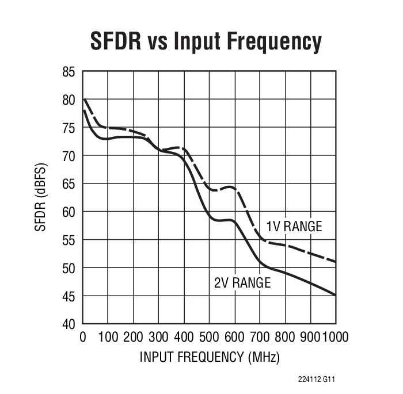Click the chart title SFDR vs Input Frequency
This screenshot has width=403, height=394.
tap(205, 41)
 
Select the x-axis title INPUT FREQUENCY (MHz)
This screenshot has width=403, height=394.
tap(210, 357)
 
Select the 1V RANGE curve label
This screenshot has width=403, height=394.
tap(294, 226)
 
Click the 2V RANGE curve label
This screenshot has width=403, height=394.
tap(242, 283)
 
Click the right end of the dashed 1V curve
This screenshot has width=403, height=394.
tap(336, 262)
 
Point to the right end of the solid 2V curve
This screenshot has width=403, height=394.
tap(336, 296)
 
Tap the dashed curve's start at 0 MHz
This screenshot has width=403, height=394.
tap(83, 100)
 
